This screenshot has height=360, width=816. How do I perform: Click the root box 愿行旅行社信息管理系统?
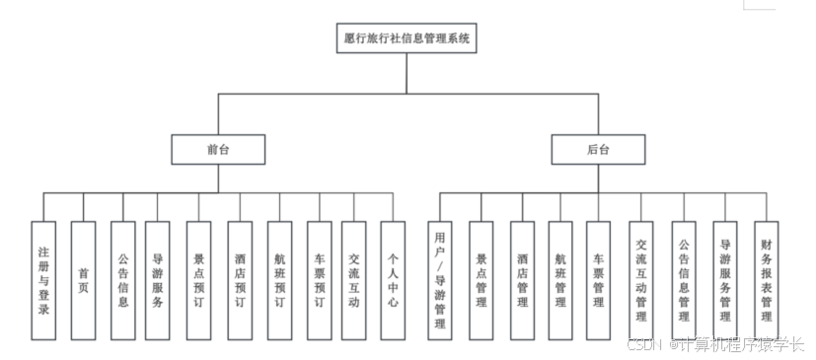click(x=407, y=39)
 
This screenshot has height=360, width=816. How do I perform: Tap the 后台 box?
click(x=598, y=150)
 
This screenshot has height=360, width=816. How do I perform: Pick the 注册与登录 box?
click(x=43, y=280)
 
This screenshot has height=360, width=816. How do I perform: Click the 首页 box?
click(x=83, y=280)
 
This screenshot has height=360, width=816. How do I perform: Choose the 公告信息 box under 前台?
click(x=122, y=280)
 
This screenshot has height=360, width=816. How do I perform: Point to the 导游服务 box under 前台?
click(x=158, y=280)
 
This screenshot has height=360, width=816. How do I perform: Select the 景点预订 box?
click(x=198, y=280)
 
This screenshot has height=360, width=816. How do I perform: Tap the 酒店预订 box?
click(x=240, y=280)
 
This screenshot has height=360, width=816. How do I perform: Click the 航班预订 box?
click(x=280, y=280)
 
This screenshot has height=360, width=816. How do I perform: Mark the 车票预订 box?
click(x=319, y=280)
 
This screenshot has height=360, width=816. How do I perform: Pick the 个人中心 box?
click(x=393, y=280)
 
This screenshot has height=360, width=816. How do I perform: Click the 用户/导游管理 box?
click(x=441, y=280)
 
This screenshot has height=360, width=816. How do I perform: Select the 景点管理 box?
click(x=482, y=280)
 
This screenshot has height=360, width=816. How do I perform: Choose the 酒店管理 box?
click(x=522, y=280)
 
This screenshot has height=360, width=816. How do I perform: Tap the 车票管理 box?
click(x=598, y=280)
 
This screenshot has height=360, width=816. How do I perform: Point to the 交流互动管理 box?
click(x=641, y=280)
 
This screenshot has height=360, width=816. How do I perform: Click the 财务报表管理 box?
click(x=766, y=280)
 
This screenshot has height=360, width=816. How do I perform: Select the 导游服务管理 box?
click(x=725, y=280)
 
